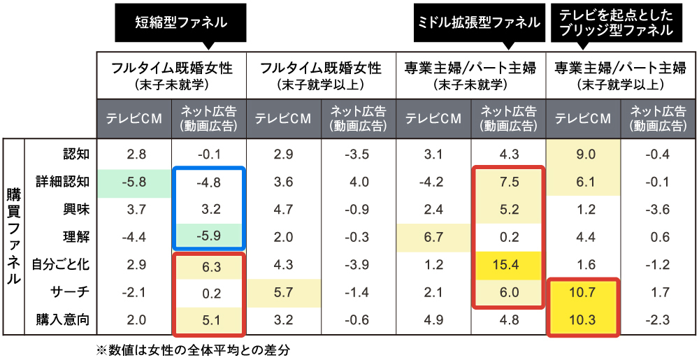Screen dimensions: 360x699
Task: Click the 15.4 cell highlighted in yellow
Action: click(x=508, y=264)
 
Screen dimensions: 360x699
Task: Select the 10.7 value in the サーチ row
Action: click(x=583, y=292)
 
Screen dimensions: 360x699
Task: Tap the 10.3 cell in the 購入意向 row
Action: click(x=583, y=319)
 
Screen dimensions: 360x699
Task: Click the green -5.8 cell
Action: click(x=134, y=182)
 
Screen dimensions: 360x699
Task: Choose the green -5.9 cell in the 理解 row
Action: click(x=208, y=237)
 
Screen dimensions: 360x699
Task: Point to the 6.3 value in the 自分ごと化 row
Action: click(x=208, y=264)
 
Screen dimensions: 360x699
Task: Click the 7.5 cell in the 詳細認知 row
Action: click(x=508, y=182)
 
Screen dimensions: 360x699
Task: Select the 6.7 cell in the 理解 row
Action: click(x=433, y=237)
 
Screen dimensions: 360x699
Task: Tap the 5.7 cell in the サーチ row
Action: click(x=283, y=292)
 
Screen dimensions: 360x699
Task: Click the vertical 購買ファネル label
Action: click(x=13, y=237)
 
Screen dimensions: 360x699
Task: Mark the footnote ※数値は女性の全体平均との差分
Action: click(x=192, y=350)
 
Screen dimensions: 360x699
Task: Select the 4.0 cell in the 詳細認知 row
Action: click(x=359, y=182)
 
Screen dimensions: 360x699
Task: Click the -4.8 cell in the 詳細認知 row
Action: click(x=208, y=182)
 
